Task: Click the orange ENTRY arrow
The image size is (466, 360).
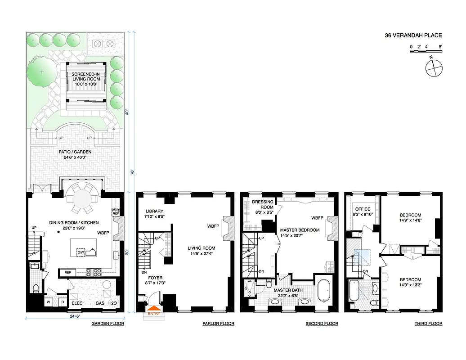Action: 153,310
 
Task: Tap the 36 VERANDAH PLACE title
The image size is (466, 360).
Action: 413,35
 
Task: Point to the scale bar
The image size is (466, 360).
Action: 426,52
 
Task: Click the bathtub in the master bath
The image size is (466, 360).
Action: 324,291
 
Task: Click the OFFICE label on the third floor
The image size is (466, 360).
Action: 363,209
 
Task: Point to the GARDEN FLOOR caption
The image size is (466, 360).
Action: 108,324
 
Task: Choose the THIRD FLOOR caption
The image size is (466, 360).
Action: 428,324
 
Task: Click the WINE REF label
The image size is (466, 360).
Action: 115,211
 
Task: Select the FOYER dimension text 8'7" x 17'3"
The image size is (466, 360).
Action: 153,283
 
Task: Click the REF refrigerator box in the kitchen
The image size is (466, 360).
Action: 67,272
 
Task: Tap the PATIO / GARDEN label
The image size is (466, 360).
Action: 76,152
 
